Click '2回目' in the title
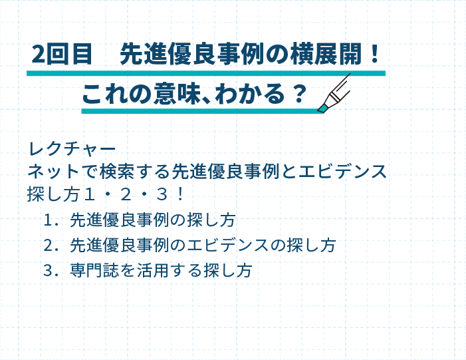coord(62,54)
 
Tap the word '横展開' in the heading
coord(325,54)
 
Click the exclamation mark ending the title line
coord(375,53)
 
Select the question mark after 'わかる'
coord(299,93)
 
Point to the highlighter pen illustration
coord(334,92)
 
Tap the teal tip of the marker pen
coord(322,108)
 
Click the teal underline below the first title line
coord(206,73)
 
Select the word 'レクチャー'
coord(72,149)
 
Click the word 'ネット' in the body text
coord(53,172)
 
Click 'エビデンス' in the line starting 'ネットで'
coord(342,172)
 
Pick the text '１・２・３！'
coord(134,194)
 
